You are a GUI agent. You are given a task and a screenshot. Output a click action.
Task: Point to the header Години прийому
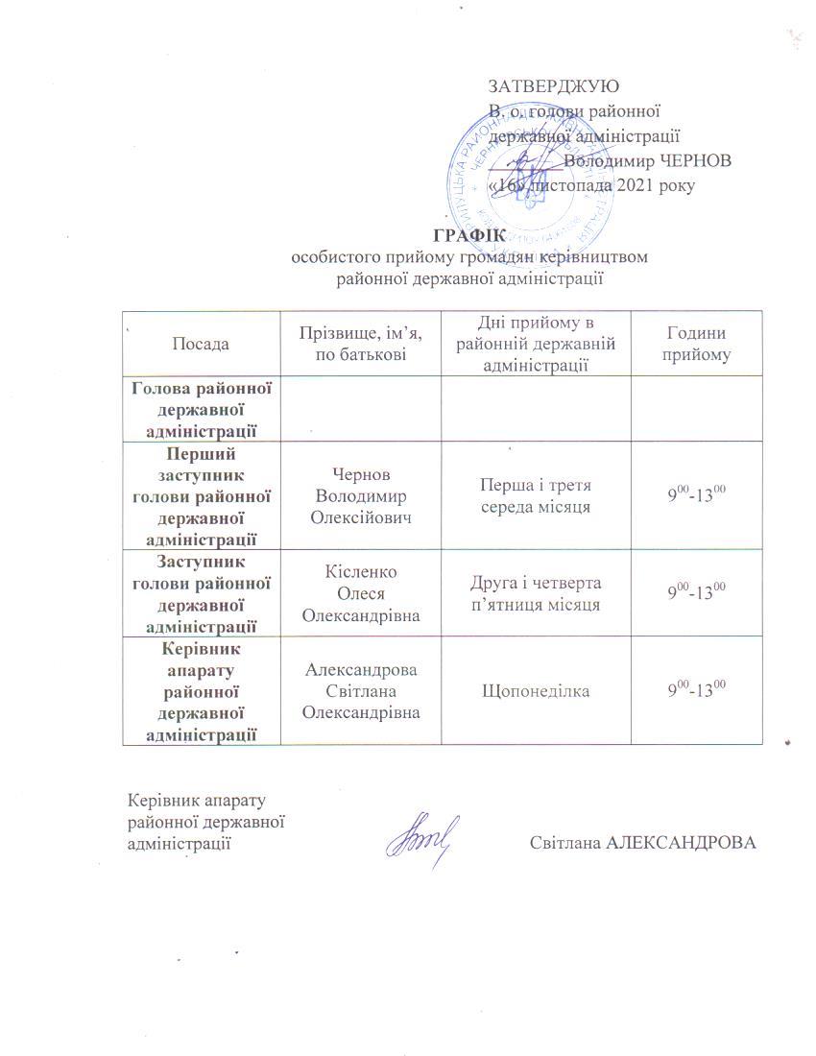point(696,344)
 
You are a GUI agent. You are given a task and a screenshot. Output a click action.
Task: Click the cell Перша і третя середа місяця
point(535,495)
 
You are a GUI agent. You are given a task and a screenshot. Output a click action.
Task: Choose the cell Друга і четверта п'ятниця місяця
point(535,593)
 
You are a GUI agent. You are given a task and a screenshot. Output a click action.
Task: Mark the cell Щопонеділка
point(535,691)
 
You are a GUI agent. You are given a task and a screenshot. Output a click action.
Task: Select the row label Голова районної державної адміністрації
point(201,409)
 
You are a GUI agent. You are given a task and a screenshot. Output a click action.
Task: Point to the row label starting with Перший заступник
point(201,495)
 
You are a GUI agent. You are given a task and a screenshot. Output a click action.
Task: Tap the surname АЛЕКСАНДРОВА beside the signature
point(683,844)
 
